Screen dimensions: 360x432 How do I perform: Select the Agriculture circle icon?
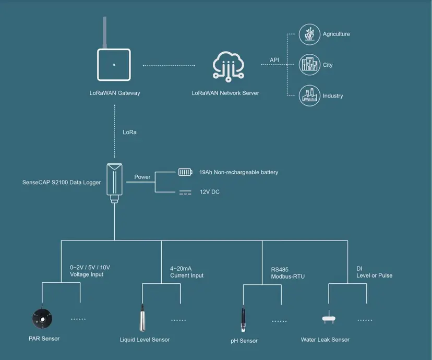point(309,34)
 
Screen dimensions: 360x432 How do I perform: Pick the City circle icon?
point(309,65)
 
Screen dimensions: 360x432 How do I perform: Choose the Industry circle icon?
point(309,95)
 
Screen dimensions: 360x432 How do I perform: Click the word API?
point(274,60)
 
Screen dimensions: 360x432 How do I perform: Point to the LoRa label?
point(130,132)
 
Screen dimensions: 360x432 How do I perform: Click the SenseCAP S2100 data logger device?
point(114,178)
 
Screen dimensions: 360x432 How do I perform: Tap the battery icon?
point(185,172)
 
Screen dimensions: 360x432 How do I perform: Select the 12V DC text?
point(209,192)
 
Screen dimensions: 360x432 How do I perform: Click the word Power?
point(142,177)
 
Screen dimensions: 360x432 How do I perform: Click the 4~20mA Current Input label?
point(187,272)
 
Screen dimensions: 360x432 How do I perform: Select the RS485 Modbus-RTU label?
point(287,273)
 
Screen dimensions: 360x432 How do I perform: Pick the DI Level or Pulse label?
point(374,272)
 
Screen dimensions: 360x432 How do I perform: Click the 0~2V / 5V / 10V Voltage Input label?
point(90,271)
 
